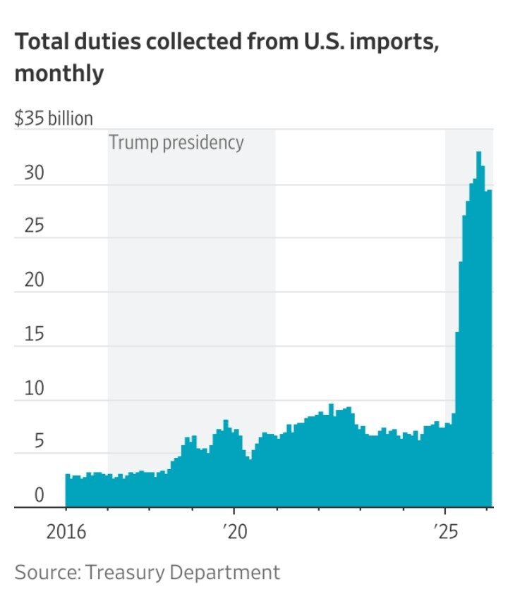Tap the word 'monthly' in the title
point(59,73)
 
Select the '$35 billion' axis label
point(54,118)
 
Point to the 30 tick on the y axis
point(34,173)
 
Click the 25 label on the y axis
point(34,227)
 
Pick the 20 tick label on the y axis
point(34,280)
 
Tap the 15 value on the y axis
point(34,334)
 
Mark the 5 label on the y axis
point(39,442)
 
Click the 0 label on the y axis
point(39,495)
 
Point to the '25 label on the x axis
point(445,531)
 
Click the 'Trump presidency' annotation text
point(176,142)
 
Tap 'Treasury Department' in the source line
point(183,572)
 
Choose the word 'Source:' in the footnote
point(47,572)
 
